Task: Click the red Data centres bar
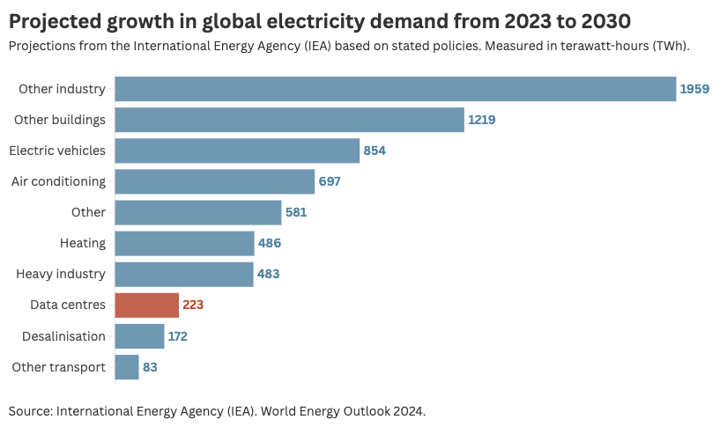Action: tap(147, 306)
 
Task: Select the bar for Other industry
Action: tap(396, 89)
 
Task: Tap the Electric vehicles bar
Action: tap(237, 151)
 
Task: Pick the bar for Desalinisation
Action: tap(139, 336)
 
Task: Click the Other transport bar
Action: tap(127, 367)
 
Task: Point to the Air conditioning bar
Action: tap(215, 181)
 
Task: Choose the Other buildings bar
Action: tap(289, 120)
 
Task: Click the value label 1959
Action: tap(694, 89)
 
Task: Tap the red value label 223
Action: tap(193, 306)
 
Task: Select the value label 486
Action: tap(269, 243)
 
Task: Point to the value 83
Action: tap(150, 367)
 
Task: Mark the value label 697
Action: tap(330, 181)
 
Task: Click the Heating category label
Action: tap(83, 243)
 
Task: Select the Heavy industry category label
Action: tap(61, 274)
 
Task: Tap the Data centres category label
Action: tap(66, 306)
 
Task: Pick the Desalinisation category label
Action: tap(59, 336)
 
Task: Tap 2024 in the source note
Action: tap(409, 411)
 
